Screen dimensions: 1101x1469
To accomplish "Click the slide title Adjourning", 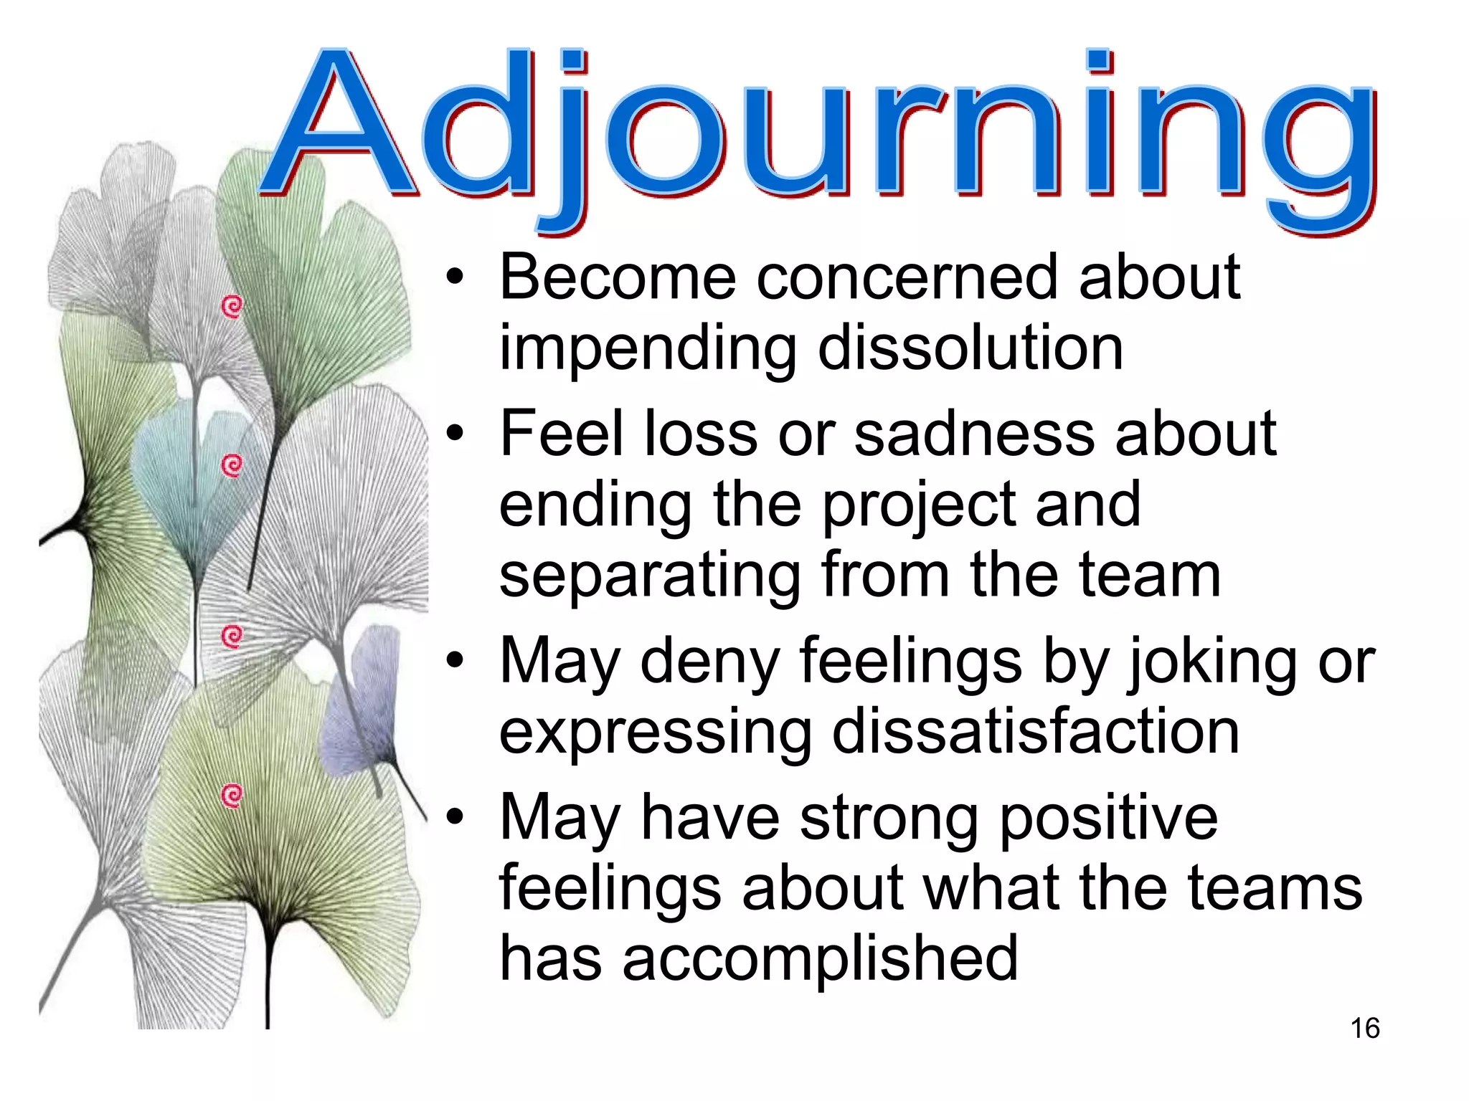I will (818, 133).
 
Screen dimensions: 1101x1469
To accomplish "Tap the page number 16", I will (1365, 1029).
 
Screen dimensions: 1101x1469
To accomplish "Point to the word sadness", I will (974, 434).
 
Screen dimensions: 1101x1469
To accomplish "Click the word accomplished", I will (820, 961).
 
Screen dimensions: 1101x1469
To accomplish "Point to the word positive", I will (1108, 819).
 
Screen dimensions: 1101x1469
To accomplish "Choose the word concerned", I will (907, 278).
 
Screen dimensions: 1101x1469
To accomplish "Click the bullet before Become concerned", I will (455, 279).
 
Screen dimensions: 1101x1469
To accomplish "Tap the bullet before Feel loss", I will (455, 434).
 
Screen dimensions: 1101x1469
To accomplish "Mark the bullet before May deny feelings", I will (455, 662).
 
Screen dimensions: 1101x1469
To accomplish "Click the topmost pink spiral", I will (232, 307).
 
